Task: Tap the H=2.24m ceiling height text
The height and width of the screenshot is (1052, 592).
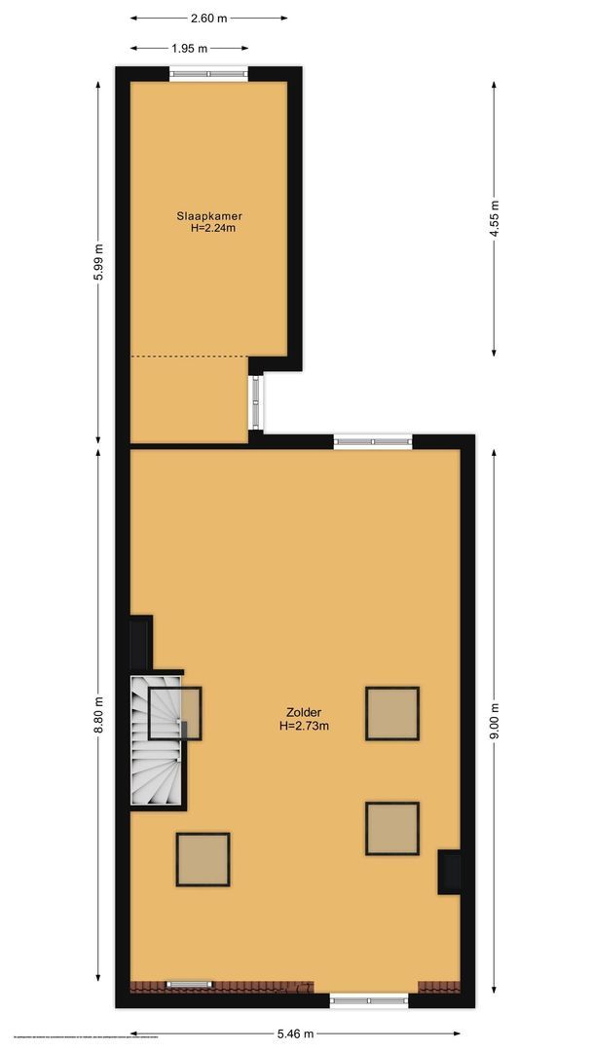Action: coord(213,229)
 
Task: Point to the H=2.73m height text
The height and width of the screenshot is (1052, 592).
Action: coord(304,726)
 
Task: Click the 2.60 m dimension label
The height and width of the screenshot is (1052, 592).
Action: coord(209,18)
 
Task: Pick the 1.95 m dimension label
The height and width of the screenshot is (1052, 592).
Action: coord(189,48)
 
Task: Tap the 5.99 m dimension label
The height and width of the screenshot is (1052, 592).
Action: coord(97,262)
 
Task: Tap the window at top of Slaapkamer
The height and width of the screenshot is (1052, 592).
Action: coord(207,74)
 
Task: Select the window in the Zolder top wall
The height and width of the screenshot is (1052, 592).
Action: coord(373,442)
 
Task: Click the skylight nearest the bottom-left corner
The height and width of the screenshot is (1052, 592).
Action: coord(203,859)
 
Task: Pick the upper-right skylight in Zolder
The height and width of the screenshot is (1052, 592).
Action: coord(392,713)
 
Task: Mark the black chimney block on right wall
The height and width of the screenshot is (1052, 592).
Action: coord(449,872)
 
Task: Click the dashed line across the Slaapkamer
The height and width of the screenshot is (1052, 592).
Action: coord(189,357)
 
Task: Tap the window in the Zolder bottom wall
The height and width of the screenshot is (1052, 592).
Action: coord(368,1000)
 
